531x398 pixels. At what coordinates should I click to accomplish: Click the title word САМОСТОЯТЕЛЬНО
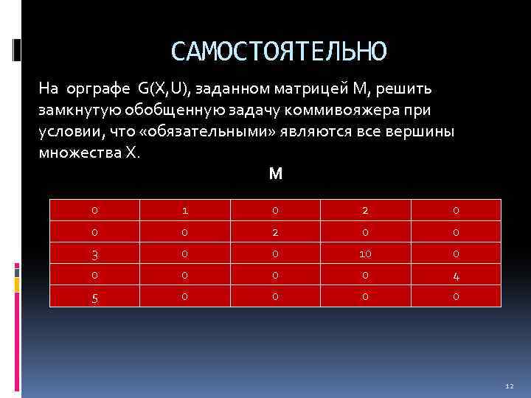(278, 52)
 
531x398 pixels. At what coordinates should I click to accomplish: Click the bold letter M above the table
(276, 175)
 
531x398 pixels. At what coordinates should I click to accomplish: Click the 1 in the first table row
(184, 210)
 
